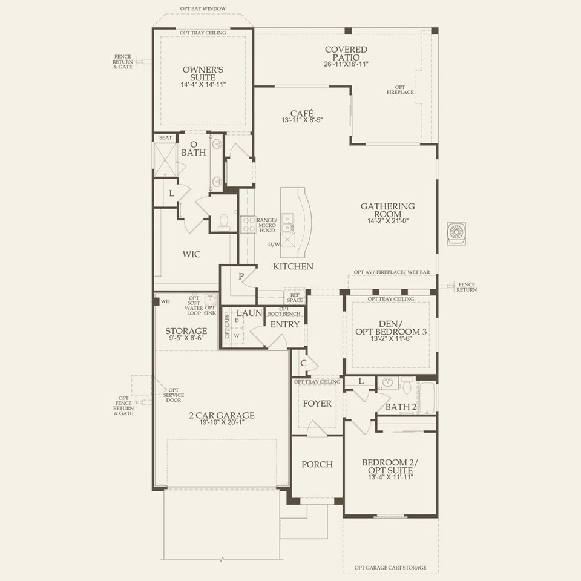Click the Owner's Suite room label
click(202, 74)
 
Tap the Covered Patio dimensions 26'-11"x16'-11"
click(346, 64)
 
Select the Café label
click(301, 112)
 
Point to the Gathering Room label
click(388, 210)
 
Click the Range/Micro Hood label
click(266, 225)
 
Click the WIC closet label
click(191, 254)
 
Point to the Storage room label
click(186, 331)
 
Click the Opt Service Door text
click(173, 396)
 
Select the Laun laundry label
click(248, 313)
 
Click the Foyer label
click(317, 403)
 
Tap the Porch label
click(317, 464)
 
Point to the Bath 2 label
click(401, 407)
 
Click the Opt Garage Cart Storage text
click(389, 568)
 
